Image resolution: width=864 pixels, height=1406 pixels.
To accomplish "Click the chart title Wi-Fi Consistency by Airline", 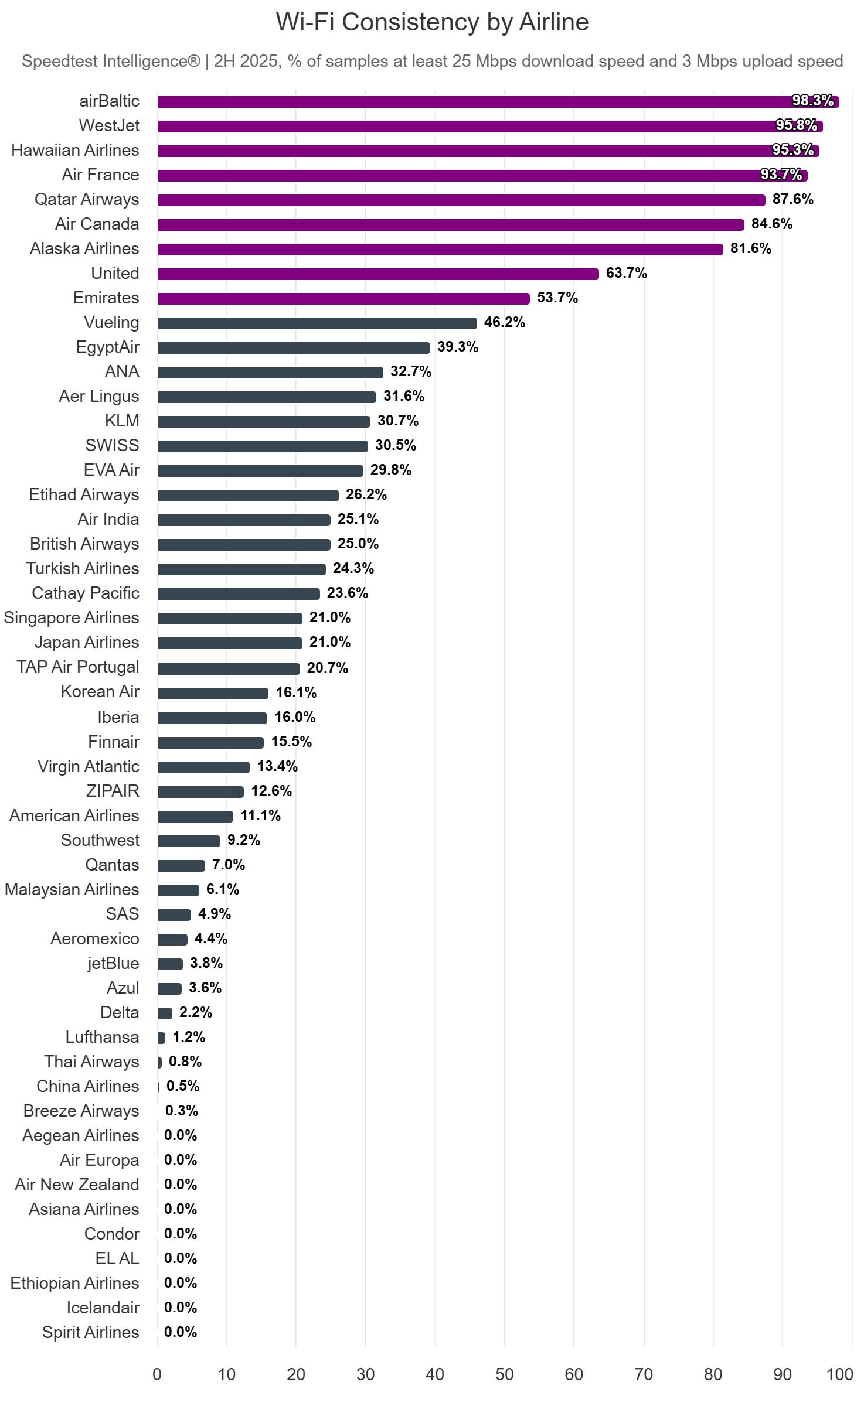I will [432, 22].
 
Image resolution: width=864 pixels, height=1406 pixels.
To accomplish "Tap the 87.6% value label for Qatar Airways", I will [792, 199].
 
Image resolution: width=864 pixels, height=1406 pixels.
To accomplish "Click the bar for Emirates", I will [343, 298].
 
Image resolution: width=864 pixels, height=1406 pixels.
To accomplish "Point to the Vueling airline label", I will [111, 322].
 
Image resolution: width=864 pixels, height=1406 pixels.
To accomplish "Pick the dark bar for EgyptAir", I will [294, 347].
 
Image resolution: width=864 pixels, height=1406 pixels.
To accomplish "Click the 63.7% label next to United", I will [626, 273].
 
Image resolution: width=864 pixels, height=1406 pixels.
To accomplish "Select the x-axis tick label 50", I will [504, 1374].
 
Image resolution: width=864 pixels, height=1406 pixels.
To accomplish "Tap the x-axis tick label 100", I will [839, 1374].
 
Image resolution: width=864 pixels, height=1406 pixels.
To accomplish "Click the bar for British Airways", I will [244, 544].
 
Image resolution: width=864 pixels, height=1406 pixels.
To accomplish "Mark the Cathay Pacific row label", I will [86, 593].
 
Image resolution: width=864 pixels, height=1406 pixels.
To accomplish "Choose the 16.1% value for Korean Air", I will [296, 692].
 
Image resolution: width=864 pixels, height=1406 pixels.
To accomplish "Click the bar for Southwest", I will [189, 841].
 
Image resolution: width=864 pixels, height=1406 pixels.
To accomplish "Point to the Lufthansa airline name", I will [102, 1037].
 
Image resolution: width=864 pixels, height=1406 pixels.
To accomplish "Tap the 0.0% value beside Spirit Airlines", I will [181, 1332].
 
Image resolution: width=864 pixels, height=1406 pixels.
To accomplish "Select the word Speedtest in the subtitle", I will [63, 61].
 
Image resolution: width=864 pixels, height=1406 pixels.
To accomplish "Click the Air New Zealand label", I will [77, 1185].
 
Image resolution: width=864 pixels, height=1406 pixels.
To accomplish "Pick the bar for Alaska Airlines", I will [440, 249].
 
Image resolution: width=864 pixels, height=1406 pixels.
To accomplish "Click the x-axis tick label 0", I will [157, 1374].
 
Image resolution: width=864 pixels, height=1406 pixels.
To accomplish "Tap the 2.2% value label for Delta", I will [196, 1012].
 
